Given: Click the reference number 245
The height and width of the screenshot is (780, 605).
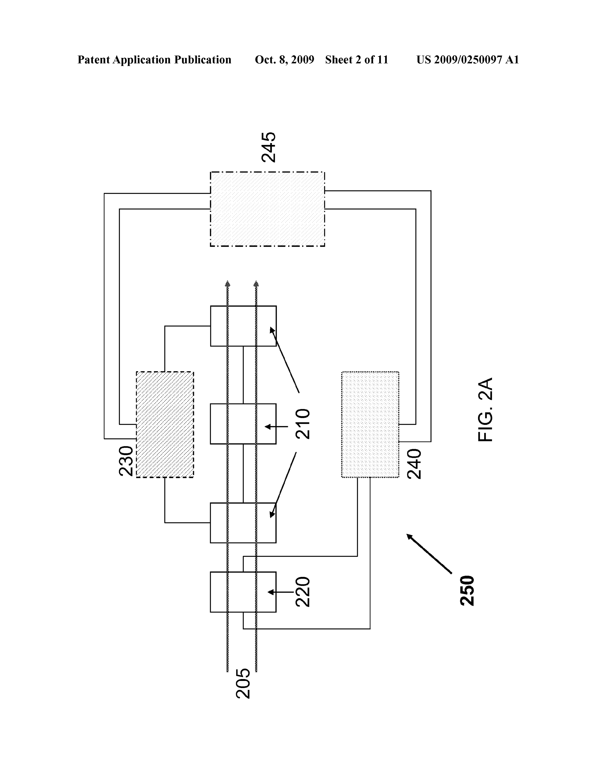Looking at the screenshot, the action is [x=268, y=147].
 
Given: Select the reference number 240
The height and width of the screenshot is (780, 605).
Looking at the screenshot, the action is [x=414, y=464].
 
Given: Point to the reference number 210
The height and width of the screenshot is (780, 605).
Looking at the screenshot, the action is [x=302, y=424].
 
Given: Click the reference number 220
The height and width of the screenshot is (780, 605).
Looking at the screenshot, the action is [x=302, y=592].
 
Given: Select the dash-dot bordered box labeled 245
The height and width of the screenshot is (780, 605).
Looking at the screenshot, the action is [x=268, y=209].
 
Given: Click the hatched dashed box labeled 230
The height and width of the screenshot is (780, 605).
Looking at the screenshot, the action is [x=165, y=424].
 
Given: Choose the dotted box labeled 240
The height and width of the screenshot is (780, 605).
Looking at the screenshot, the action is [x=370, y=424].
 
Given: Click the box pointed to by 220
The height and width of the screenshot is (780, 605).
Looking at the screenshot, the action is [x=243, y=592].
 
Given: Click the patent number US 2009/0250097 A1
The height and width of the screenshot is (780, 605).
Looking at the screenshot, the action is [x=467, y=60].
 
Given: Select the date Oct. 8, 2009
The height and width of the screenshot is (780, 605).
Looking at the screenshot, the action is [x=284, y=60].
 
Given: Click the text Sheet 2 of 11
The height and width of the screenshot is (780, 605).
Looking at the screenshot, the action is [x=356, y=60].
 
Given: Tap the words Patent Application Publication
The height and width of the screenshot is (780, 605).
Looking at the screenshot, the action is [x=154, y=60].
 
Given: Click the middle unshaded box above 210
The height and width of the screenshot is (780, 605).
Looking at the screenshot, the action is [x=243, y=424].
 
